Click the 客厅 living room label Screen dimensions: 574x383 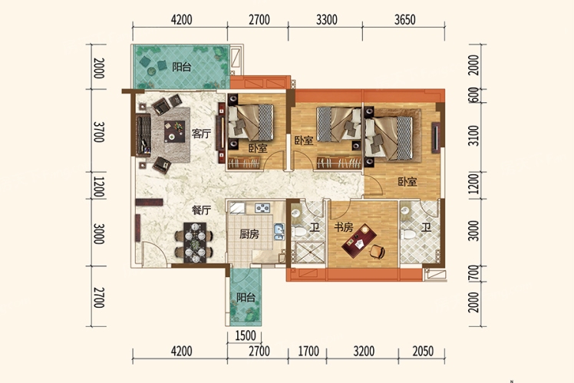pos(201,134)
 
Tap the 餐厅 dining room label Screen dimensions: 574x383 pos(201,210)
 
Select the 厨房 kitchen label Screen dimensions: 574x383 pos(249,234)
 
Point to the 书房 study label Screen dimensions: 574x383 pos(343,227)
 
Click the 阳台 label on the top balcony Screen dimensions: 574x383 pos(182,67)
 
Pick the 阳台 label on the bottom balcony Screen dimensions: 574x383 pos(246,297)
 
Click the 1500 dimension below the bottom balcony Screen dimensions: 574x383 pos(245,335)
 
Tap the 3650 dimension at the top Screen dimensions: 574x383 pos(405,19)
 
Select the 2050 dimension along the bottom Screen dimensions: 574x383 pos(423,351)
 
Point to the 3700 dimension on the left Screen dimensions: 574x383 pos(99,132)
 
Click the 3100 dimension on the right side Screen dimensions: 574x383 pos(473,136)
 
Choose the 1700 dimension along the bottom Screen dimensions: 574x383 pos(308,351)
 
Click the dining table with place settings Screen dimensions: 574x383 pos(195,243)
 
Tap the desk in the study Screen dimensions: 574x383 pos(359,241)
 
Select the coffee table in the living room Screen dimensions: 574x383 pos(175,131)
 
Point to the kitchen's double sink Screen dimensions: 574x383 pos(279,232)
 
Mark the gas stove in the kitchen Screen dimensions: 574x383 pos(262,208)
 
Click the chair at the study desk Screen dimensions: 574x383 pos(378,252)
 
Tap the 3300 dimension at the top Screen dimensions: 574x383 pos(327,19)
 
